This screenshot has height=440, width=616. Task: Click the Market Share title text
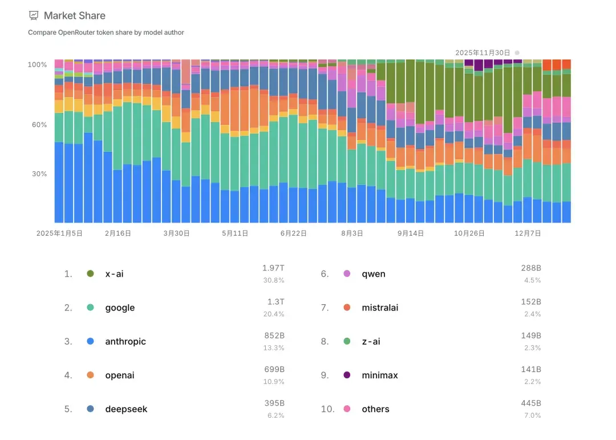click(75, 16)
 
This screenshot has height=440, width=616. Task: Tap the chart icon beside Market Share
click(34, 16)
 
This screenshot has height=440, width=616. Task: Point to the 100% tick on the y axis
click(37, 64)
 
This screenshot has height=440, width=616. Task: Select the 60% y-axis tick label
click(39, 124)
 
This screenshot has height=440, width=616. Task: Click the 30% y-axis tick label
click(39, 174)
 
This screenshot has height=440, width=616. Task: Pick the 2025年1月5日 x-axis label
click(59, 233)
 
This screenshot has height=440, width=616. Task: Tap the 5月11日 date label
click(235, 233)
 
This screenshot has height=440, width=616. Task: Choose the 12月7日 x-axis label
click(528, 233)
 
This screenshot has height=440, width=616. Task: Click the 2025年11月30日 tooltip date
click(483, 53)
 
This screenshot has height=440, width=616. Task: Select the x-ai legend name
click(114, 274)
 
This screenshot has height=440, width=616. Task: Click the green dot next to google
click(90, 308)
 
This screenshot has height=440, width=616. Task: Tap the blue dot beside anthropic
click(90, 341)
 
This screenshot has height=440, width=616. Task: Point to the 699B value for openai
click(274, 370)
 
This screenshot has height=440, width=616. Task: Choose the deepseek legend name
click(126, 409)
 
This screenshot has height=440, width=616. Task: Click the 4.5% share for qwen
click(532, 280)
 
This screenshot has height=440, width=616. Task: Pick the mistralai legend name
click(380, 308)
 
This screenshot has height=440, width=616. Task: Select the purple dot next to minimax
click(347, 375)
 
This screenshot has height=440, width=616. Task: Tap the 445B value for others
click(531, 403)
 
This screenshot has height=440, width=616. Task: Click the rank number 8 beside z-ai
click(325, 341)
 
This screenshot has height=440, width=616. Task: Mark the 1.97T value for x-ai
click(273, 268)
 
